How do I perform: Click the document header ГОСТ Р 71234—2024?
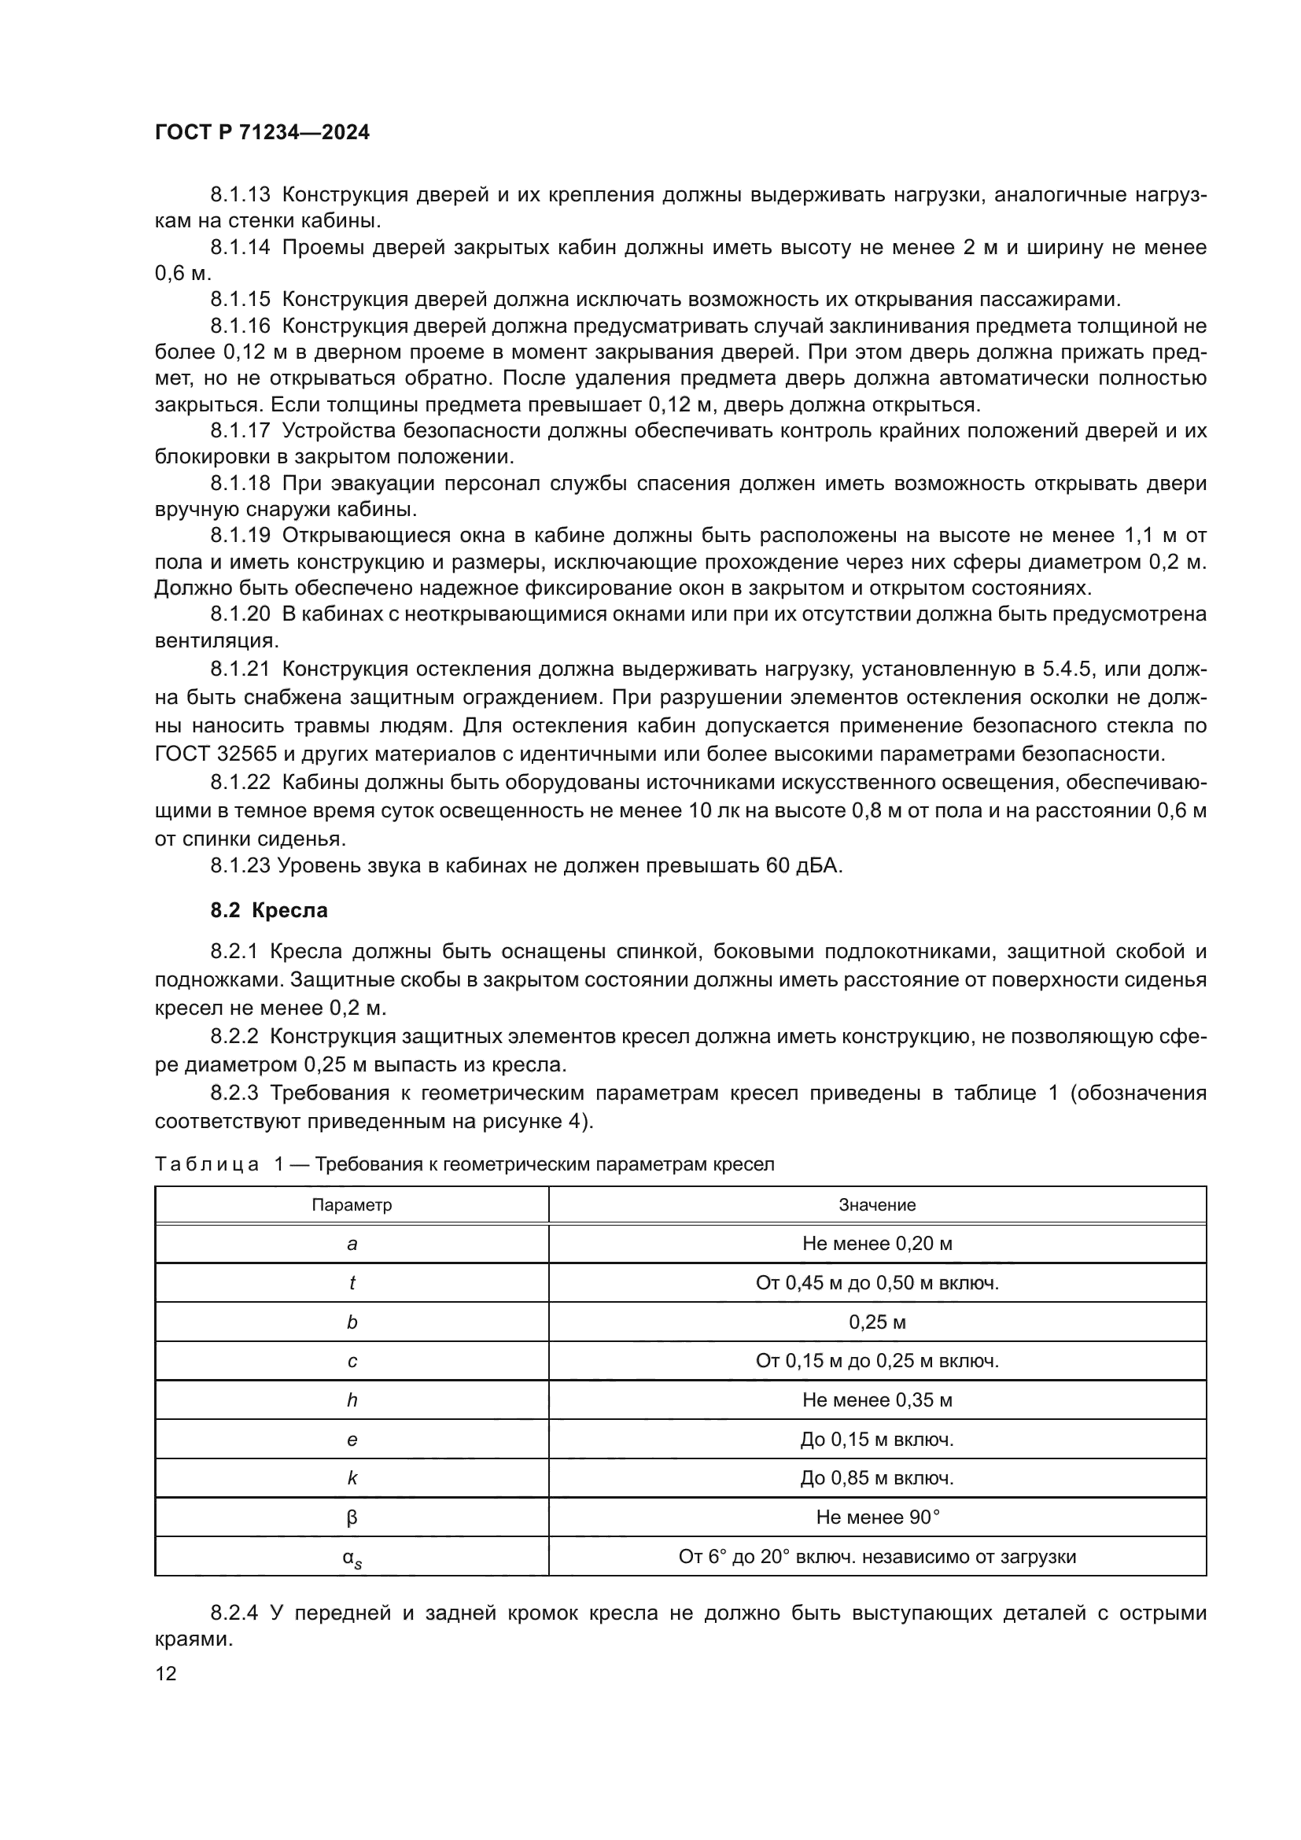(x=262, y=132)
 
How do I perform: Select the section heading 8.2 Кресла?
(x=269, y=910)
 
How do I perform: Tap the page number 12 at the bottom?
(x=166, y=1673)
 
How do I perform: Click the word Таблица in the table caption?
(x=207, y=1164)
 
